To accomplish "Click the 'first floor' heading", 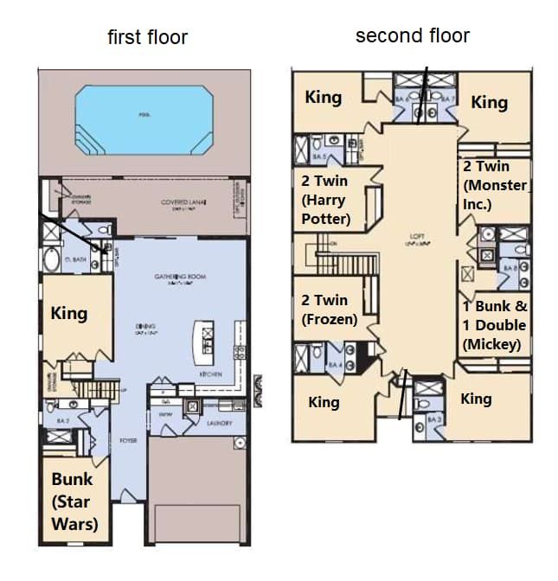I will (147, 37).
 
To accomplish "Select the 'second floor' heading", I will (413, 35).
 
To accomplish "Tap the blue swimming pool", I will (144, 119).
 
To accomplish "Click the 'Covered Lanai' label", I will (180, 203).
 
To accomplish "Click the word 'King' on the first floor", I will (69, 312).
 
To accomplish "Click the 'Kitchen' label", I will (211, 374).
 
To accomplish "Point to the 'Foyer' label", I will (128, 440).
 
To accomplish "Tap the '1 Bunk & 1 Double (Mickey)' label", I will (495, 325).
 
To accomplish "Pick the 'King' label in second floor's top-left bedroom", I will (323, 98).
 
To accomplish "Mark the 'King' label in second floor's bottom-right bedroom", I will (476, 399).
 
